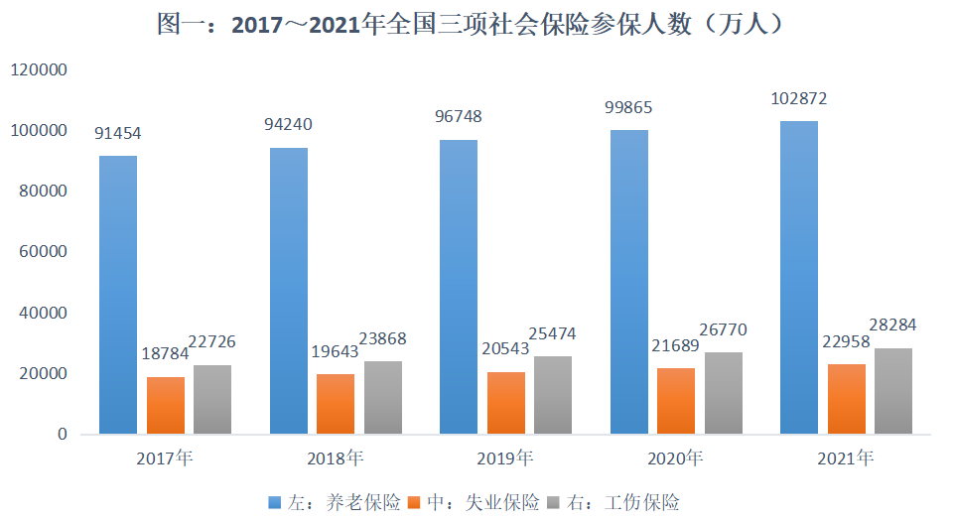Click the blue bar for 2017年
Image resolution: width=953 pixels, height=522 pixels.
[118, 295]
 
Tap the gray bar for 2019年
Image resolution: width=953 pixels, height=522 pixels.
[553, 395]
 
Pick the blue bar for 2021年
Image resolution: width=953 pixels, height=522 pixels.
[799, 278]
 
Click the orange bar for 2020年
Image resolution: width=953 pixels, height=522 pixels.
[676, 401]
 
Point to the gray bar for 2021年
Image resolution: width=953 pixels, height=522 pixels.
[893, 391]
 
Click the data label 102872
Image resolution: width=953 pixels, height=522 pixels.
[799, 99]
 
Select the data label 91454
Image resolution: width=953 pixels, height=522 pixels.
[118, 133]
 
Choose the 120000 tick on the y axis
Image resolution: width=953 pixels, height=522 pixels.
[38, 70]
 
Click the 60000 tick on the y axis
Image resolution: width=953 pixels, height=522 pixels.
[42, 252]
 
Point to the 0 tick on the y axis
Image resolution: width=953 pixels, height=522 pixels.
[62, 435]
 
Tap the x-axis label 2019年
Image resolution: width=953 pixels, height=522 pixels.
[505, 458]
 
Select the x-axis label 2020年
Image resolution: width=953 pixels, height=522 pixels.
[675, 458]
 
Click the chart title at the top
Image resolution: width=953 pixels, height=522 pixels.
[476, 25]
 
